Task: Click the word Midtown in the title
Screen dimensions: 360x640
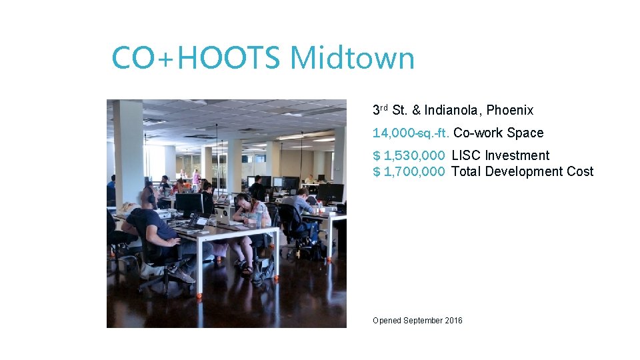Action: [352, 58]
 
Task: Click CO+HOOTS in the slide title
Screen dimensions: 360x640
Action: [197, 58]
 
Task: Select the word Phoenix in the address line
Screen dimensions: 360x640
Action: [510, 110]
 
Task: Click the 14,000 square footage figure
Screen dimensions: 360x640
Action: [394, 133]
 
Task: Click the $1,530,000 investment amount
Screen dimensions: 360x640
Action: [409, 155]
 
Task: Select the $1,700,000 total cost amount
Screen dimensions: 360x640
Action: [409, 171]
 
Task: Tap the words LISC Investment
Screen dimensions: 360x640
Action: [500, 155]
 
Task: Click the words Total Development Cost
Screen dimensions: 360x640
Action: [522, 171]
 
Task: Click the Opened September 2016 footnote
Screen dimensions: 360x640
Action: [417, 321]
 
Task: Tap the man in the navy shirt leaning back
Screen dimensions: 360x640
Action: [152, 227]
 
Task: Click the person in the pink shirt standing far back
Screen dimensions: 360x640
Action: [195, 178]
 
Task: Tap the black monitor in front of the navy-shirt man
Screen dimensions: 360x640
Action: [189, 203]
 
